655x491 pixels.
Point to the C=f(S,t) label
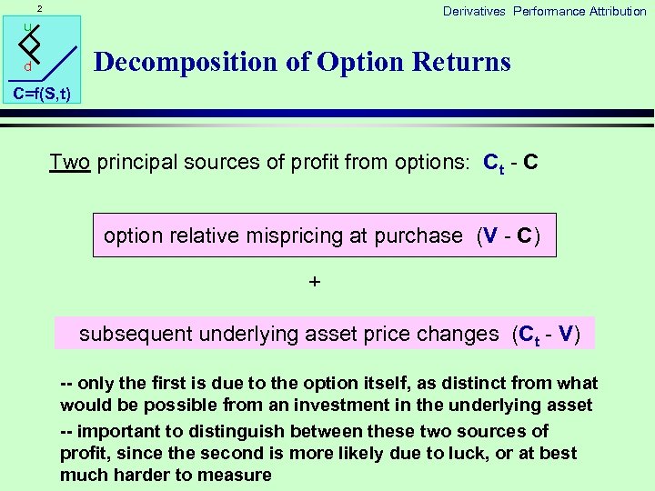[42, 94]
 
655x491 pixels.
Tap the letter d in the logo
[28, 67]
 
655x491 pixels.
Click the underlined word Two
[69, 163]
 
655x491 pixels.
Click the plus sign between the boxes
[315, 282]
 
